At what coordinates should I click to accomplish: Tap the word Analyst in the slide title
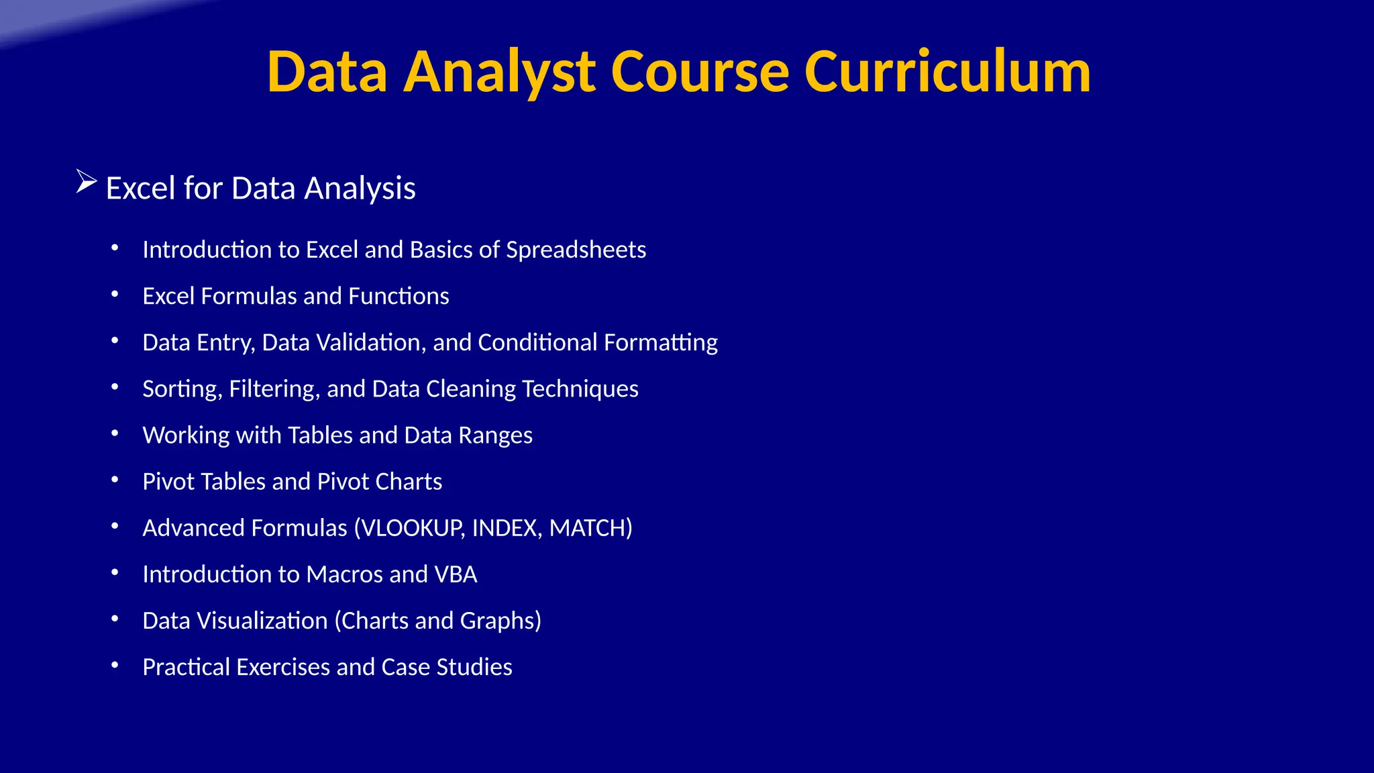[499, 72]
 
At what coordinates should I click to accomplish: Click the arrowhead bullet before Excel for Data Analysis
[87, 182]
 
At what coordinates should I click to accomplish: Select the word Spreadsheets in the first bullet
[576, 250]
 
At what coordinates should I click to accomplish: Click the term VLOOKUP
[411, 528]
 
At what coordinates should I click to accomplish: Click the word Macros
[344, 574]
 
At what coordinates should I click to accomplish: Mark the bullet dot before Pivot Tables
[115, 480]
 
